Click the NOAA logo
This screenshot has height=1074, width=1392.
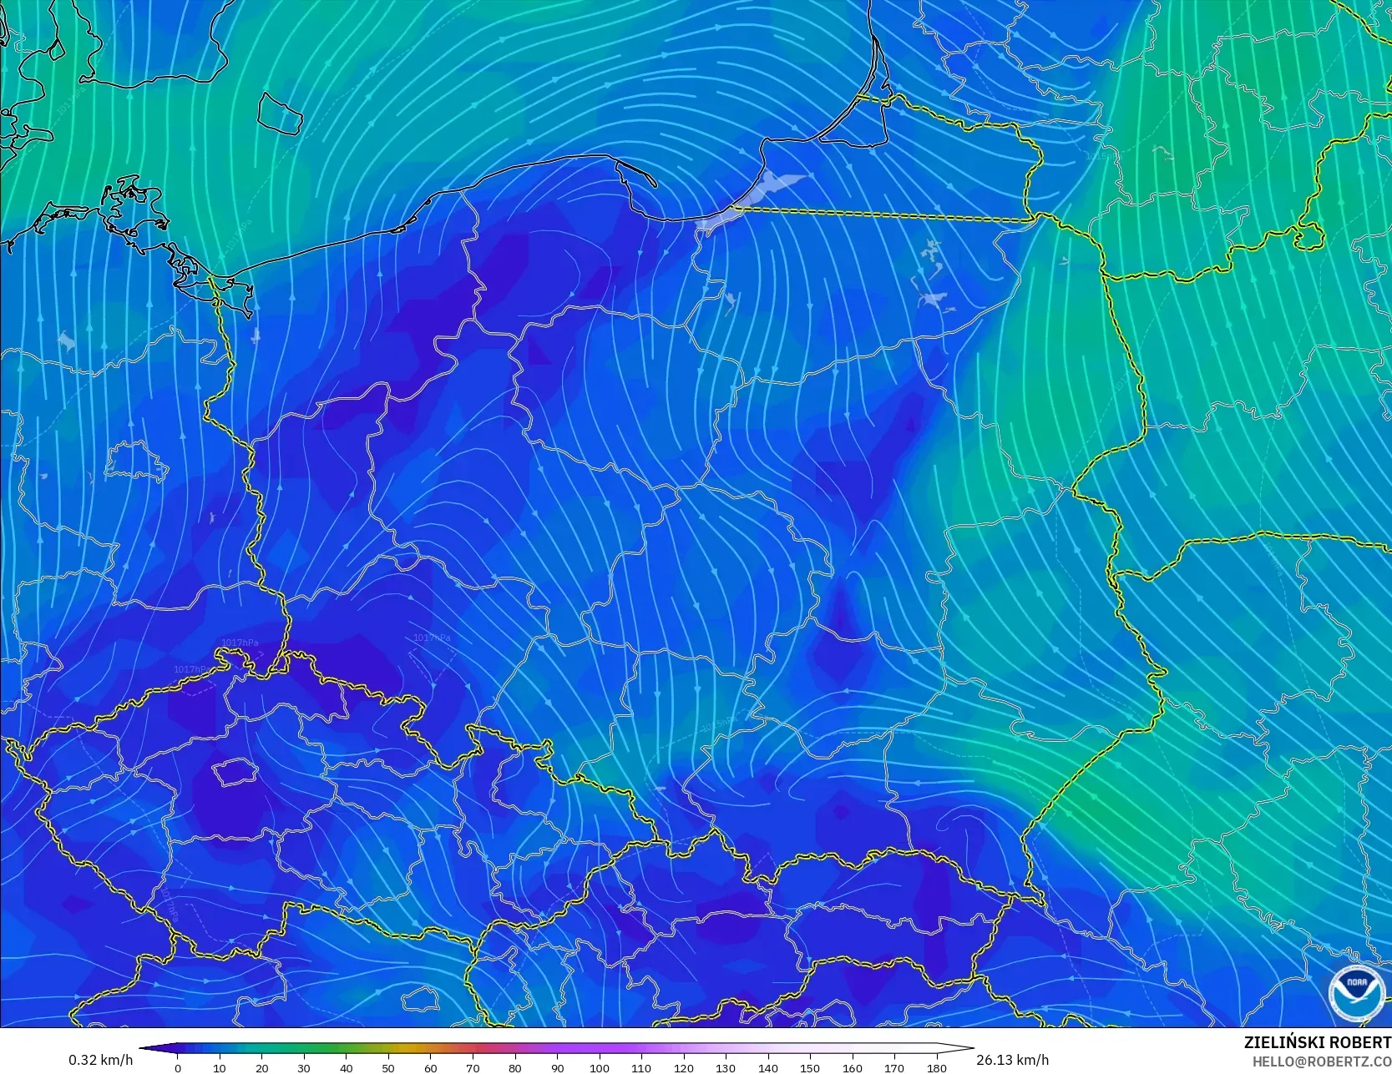1356,992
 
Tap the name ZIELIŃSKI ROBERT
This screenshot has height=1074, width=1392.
1317,1042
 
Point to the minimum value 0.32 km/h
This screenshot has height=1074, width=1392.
100,1060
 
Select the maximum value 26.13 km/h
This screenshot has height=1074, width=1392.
1012,1060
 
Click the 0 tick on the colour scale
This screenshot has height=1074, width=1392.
178,1067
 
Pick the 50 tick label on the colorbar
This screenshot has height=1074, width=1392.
388,1067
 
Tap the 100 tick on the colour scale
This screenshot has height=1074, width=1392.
600,1067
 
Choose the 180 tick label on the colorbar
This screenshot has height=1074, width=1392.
937,1067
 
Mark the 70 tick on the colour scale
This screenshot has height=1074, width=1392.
473,1067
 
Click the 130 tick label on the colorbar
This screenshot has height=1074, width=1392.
726,1067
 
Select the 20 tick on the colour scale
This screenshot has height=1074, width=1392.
262,1067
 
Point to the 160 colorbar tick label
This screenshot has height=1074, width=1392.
853,1067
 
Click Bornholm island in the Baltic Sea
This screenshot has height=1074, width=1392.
278,113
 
